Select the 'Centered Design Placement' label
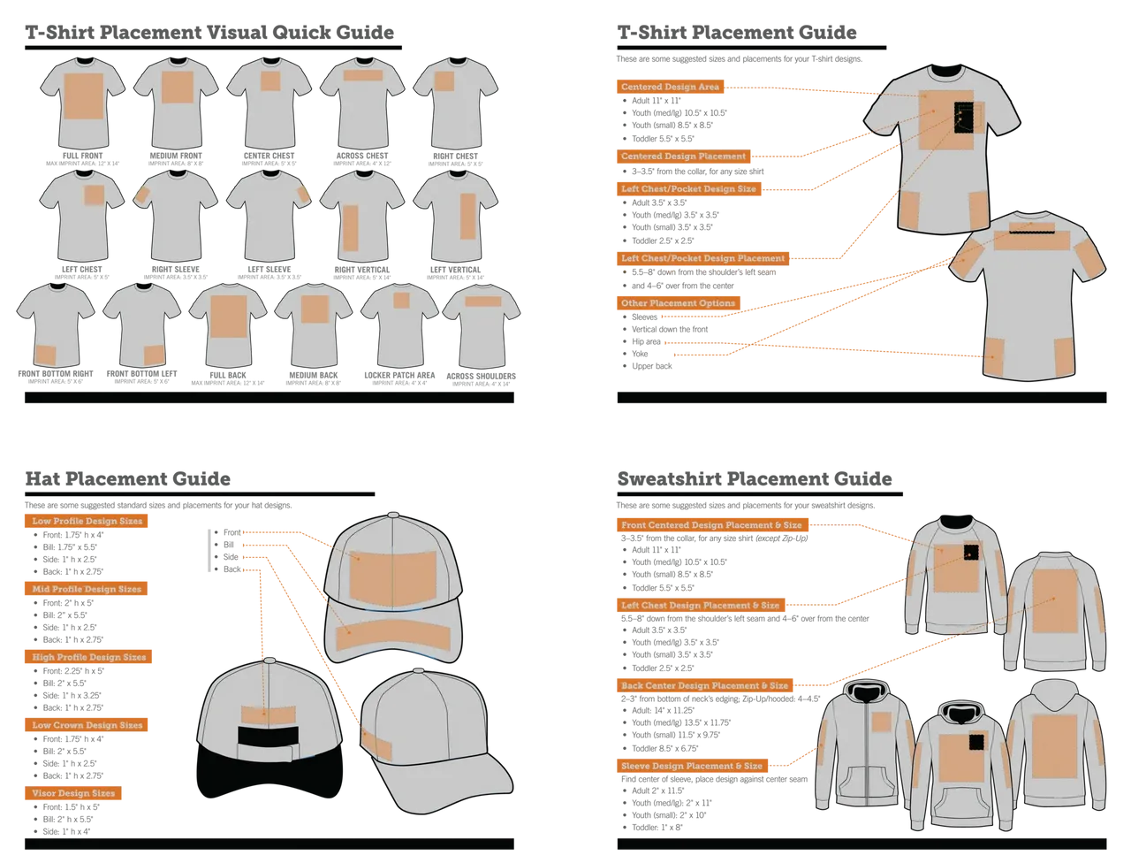(x=683, y=157)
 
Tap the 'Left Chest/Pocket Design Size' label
(x=688, y=189)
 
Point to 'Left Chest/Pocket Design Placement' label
(x=702, y=258)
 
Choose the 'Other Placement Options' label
(x=678, y=303)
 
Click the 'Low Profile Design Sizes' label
(x=87, y=522)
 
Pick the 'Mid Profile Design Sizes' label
(x=87, y=589)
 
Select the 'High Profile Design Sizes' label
(x=89, y=658)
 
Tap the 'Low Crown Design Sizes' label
(x=87, y=725)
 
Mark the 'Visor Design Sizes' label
(x=73, y=794)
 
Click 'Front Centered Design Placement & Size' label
(x=711, y=525)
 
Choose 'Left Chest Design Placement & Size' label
(x=700, y=606)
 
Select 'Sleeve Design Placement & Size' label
(x=691, y=766)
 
